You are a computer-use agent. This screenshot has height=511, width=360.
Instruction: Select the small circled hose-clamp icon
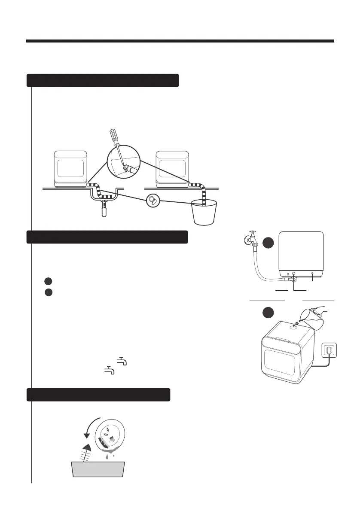(153, 201)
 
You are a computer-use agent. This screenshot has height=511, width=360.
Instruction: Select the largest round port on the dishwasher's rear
(293, 273)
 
